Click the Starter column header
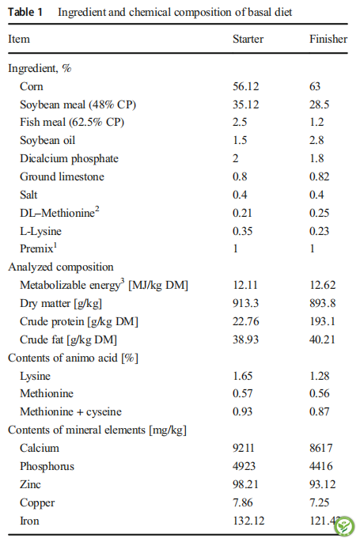248,39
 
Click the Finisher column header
328,39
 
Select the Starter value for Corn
245,86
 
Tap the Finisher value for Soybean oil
316,140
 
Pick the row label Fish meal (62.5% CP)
72,122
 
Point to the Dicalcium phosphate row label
69,159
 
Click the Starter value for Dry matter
245,303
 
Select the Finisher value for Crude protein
322,321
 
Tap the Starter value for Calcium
244,448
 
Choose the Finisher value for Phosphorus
321,466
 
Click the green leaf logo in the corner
343,525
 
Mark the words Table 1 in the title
25,12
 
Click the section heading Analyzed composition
61,267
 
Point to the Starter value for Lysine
243,376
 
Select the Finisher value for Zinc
322,484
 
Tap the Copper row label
37,502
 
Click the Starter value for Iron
248,521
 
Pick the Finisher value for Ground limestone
319,176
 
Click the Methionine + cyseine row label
71,411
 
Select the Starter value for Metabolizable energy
245,285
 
